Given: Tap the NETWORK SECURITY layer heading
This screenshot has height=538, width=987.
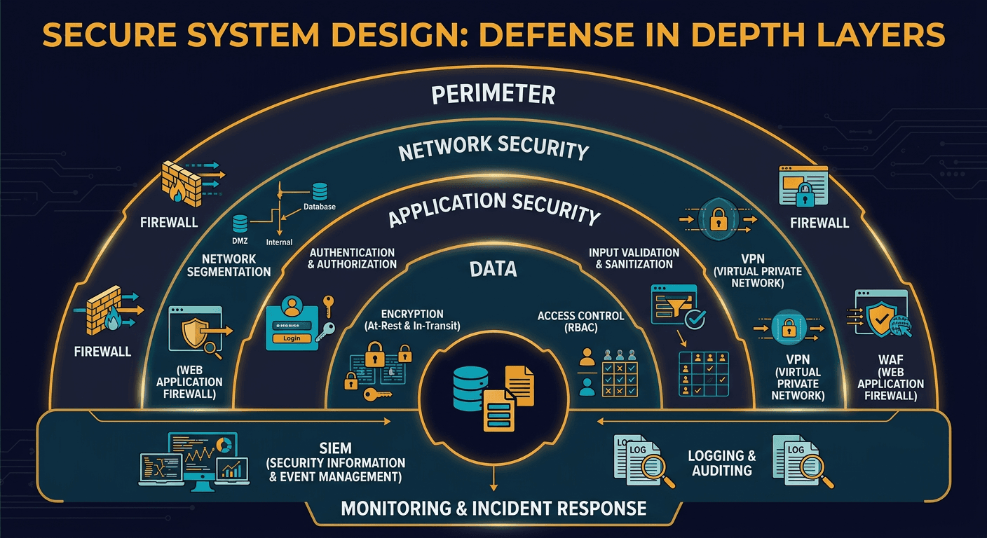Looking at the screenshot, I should [494, 149].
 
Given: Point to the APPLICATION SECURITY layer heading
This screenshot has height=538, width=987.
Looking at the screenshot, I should [494, 208].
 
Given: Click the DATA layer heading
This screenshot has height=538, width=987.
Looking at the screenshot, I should [494, 268].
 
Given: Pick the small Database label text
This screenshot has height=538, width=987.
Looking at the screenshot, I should [319, 207].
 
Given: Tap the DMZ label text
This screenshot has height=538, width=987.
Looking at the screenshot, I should [240, 240].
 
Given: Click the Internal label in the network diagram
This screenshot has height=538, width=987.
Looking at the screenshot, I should [280, 242].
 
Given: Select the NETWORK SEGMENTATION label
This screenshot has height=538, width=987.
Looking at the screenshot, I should [229, 265].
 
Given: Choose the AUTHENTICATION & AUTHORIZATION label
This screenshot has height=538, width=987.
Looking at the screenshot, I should [353, 258].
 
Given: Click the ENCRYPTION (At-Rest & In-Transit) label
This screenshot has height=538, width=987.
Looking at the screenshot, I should [402, 320].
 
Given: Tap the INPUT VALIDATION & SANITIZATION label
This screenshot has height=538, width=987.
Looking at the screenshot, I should [634, 258].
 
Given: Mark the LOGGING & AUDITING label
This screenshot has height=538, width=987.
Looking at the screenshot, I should [722, 463].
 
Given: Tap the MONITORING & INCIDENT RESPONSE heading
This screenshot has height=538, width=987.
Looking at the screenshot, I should [494, 508].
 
